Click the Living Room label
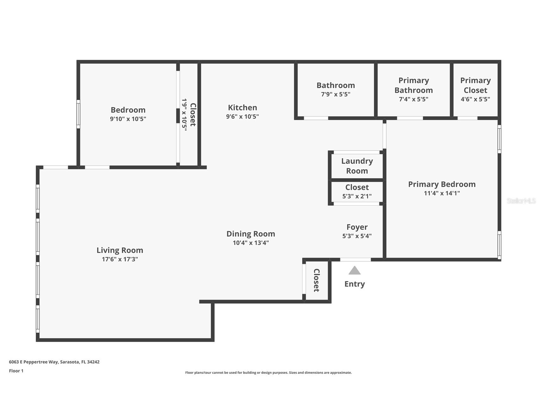120,250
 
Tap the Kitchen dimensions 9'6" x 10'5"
242,117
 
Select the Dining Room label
251,234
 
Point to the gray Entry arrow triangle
354,271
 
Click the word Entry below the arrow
354,284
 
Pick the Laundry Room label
357,166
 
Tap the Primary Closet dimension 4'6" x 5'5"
475,99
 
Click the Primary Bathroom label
413,85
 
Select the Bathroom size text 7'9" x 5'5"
335,94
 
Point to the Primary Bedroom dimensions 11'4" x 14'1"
442,193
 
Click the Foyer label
357,227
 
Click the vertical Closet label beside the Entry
316,280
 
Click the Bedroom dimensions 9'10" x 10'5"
128,119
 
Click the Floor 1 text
16,371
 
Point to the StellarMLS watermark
521,201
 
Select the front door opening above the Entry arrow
355,260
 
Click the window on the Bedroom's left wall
78,114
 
